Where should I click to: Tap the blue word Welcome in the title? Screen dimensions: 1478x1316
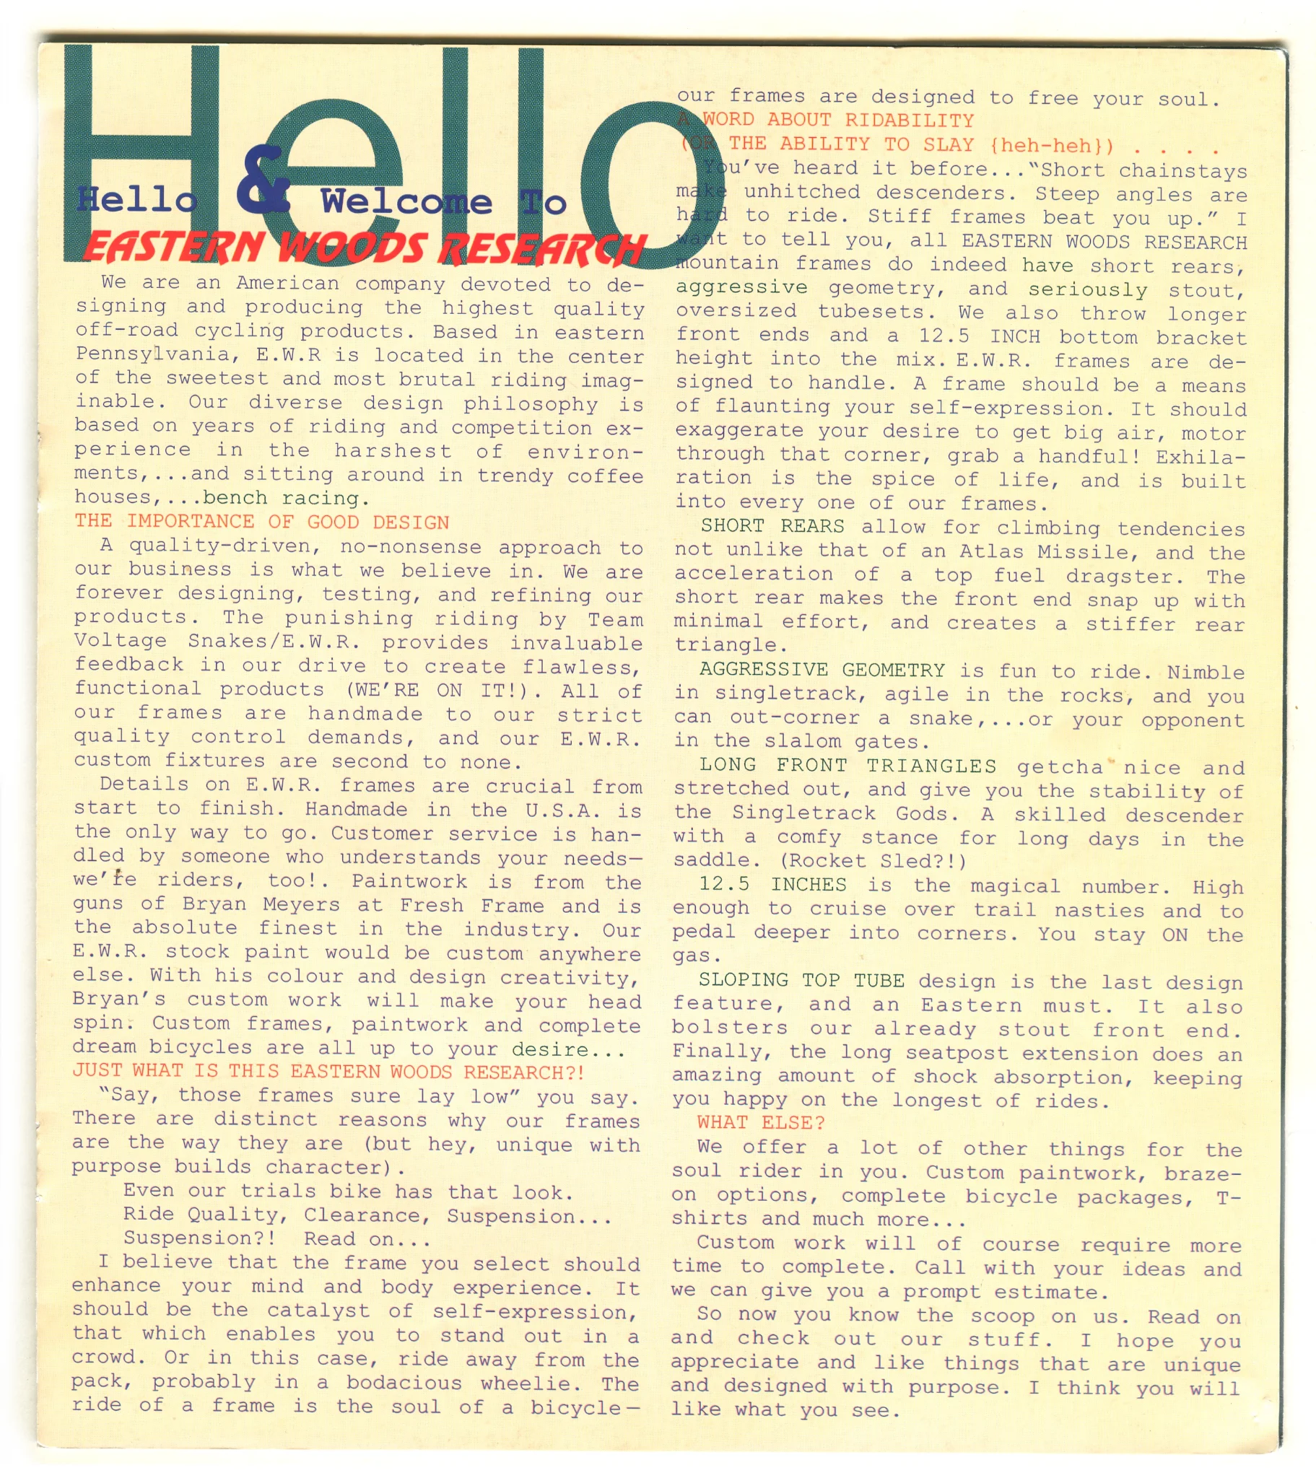coord(406,202)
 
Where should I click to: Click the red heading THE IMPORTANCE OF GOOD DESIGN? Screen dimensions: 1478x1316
coord(262,522)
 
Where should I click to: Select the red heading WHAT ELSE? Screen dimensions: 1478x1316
coord(760,1123)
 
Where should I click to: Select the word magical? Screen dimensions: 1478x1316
coord(1015,886)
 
